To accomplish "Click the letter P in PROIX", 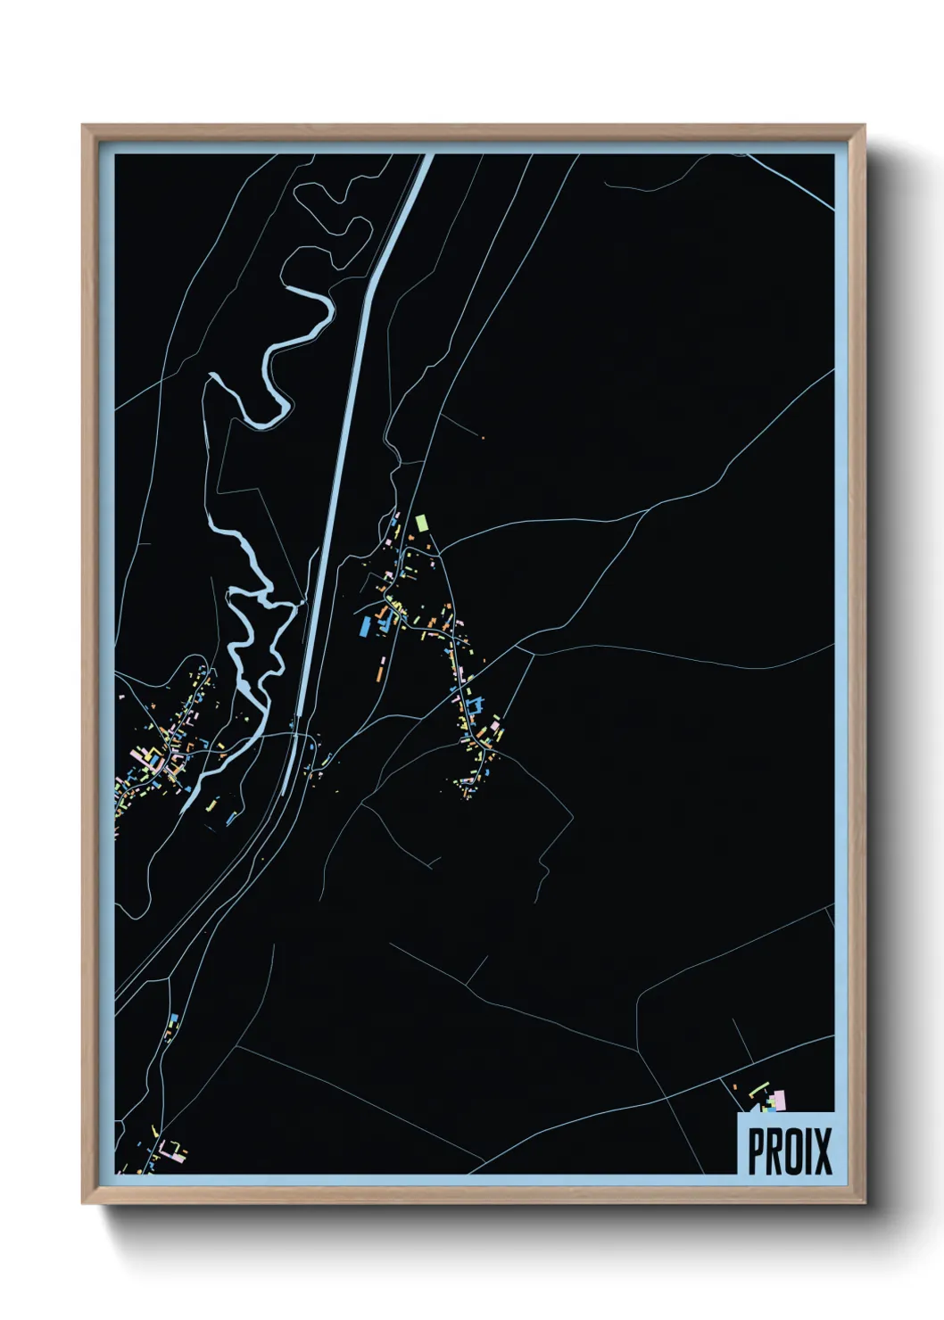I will tap(758, 1151).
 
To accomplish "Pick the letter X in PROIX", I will tap(824, 1151).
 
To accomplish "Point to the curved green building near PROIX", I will tap(758, 1090).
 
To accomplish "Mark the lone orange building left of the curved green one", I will tap(734, 1086).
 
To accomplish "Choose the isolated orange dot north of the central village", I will tap(482, 436).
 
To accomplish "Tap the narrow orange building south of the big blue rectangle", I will tap(383, 664).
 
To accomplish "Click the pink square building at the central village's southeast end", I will tap(495, 728).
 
